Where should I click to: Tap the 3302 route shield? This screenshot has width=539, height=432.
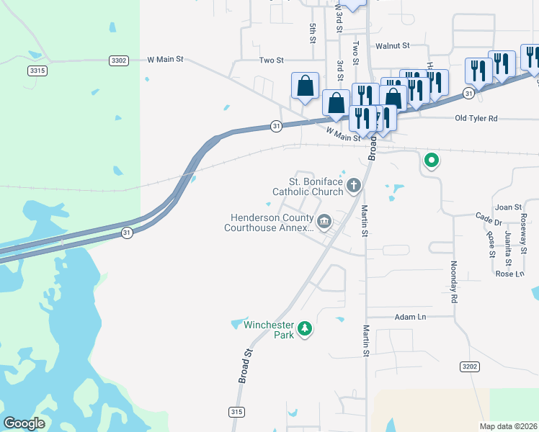click(120, 60)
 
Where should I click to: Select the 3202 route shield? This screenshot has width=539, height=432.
click(470, 366)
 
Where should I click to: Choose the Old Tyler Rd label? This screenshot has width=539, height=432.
click(476, 118)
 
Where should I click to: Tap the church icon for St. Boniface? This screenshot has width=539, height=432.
click(353, 186)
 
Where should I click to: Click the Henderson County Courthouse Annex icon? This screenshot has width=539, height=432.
click(324, 221)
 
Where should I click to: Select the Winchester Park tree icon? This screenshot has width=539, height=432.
click(306, 329)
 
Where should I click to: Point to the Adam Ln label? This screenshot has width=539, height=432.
click(411, 317)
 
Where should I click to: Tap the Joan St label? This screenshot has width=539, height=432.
click(507, 207)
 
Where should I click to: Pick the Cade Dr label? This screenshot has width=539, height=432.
click(488, 217)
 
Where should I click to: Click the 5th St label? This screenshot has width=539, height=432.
click(313, 32)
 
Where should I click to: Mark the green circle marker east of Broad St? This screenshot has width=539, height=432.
click(431, 160)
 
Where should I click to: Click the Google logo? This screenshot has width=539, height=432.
click(24, 423)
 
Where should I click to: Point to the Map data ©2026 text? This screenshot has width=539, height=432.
click(509, 427)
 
